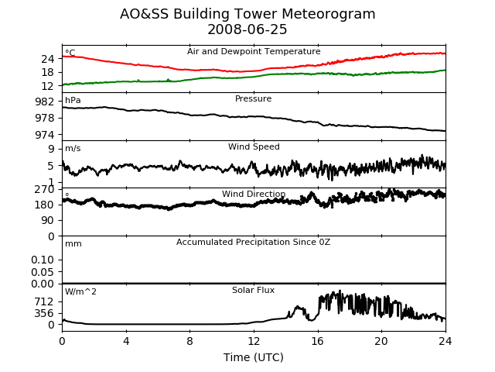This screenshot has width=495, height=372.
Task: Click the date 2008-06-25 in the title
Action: pyautogui.click(x=247, y=29)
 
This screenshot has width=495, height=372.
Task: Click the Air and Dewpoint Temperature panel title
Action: pyautogui.click(x=254, y=51)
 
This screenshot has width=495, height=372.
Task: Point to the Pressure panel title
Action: pyautogui.click(x=253, y=98)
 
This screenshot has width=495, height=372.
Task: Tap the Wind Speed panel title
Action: pyautogui.click(x=254, y=146)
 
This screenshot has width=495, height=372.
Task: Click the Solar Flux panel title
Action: pyautogui.click(x=253, y=290)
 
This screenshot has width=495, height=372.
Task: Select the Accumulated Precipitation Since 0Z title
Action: pyautogui.click(x=253, y=242)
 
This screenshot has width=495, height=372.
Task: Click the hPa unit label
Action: pyautogui.click(x=73, y=100)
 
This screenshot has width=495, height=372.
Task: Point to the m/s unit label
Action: pyautogui.click(x=73, y=148)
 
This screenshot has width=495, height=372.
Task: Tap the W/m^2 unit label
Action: pyautogui.click(x=80, y=291)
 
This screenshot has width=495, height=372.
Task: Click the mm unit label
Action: pyautogui.click(x=73, y=244)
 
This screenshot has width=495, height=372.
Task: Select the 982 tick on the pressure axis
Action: pyautogui.click(x=45, y=102)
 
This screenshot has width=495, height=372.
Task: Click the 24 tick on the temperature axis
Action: pyautogui.click(x=48, y=59)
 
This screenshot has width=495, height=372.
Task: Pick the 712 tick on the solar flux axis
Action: pyautogui.click(x=44, y=301)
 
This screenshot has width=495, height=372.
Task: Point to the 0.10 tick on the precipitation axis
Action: pyautogui.click(x=43, y=260)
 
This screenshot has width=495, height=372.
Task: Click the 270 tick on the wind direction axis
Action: pyautogui.click(x=45, y=189)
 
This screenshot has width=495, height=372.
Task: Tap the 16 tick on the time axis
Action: pyautogui.click(x=318, y=341)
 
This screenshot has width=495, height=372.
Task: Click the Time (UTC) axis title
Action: pyautogui.click(x=254, y=357)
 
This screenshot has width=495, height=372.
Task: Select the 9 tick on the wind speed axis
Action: pyautogui.click(x=51, y=149)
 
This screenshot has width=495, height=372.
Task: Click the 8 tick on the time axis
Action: pyautogui.click(x=189, y=341)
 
